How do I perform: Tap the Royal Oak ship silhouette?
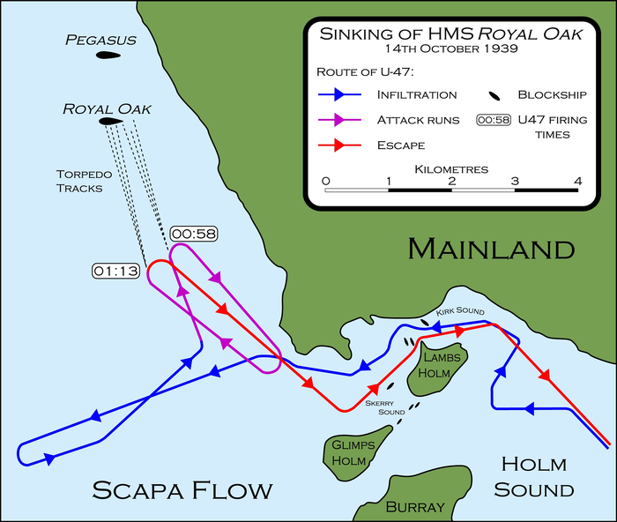click(x=110, y=122)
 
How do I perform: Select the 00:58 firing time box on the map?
click(x=194, y=233)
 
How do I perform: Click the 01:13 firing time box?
click(x=115, y=271)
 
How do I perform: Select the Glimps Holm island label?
click(x=353, y=451)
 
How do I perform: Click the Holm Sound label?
click(x=534, y=476)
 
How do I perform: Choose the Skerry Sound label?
click(x=386, y=406)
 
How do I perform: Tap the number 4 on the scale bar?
click(x=578, y=182)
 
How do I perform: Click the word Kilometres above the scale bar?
click(x=451, y=168)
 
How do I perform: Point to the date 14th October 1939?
click(x=450, y=48)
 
